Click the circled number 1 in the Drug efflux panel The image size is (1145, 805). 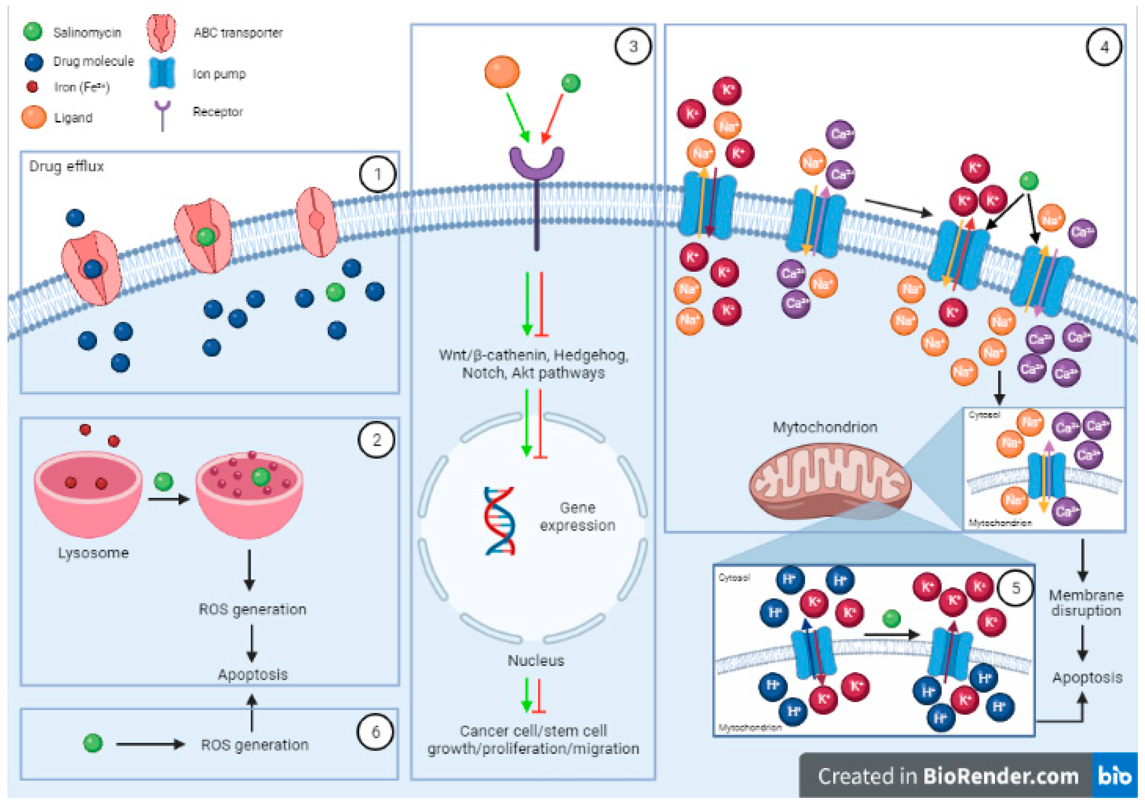click(x=377, y=174)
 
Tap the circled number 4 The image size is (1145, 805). click(x=1104, y=47)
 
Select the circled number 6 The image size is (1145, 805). click(x=376, y=732)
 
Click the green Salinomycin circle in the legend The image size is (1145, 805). click(x=33, y=31)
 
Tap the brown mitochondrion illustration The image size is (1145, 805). click(x=829, y=481)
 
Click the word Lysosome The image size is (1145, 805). click(x=93, y=553)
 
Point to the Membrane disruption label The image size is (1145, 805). click(x=1086, y=602)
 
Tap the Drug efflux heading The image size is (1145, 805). click(x=66, y=166)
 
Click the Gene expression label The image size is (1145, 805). click(x=577, y=517)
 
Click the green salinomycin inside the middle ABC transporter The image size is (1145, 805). click(x=206, y=237)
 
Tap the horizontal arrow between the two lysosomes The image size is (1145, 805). click(x=169, y=499)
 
